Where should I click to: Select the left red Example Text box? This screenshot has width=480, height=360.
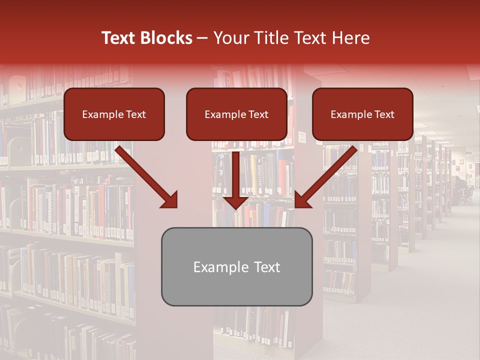pyautogui.click(x=114, y=114)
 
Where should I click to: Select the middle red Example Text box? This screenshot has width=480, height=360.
pyautogui.click(x=236, y=114)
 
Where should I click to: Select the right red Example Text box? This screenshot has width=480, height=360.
pyautogui.click(x=362, y=114)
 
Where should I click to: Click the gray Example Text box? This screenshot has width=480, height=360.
pyautogui.click(x=236, y=266)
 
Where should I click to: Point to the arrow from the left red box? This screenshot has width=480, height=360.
pyautogui.click(x=145, y=175)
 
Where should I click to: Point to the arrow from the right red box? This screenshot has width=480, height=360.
pyautogui.click(x=327, y=175)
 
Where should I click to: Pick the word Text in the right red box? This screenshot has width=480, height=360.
pyautogui.click(x=384, y=114)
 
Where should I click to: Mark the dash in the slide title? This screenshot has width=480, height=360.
pyautogui.click(x=202, y=38)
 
